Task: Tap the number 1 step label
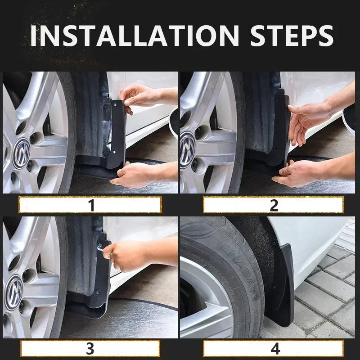tap(91, 205)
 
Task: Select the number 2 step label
tap(274, 205)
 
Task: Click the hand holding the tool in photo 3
tap(128, 254)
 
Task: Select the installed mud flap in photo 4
tap(283, 283)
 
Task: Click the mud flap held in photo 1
tap(118, 130)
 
